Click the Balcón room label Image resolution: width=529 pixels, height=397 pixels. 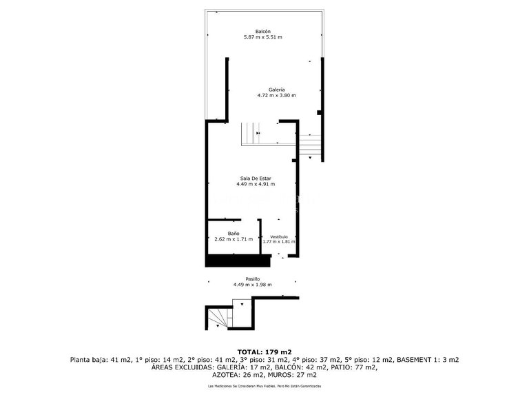(263, 32)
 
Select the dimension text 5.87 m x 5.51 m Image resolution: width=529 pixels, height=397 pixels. (263, 37)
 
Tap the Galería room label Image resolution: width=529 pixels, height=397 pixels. (277, 90)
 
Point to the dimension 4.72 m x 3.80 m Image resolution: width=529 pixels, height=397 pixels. (277, 96)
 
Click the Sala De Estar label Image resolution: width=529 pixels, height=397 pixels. (256, 179)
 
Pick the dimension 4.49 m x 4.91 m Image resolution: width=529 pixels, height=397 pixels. (256, 184)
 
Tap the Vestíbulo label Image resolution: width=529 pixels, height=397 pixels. (278, 236)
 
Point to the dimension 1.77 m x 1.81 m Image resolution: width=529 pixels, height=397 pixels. (279, 241)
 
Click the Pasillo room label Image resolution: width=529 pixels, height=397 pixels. (253, 278)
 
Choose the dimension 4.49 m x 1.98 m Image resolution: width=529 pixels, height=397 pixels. (253, 285)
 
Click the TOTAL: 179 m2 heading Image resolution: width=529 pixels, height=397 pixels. (264, 352)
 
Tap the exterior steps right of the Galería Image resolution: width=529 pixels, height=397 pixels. (311, 145)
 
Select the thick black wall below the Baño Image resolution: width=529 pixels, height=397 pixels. (236, 260)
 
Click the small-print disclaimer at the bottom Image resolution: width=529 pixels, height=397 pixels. (264, 387)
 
